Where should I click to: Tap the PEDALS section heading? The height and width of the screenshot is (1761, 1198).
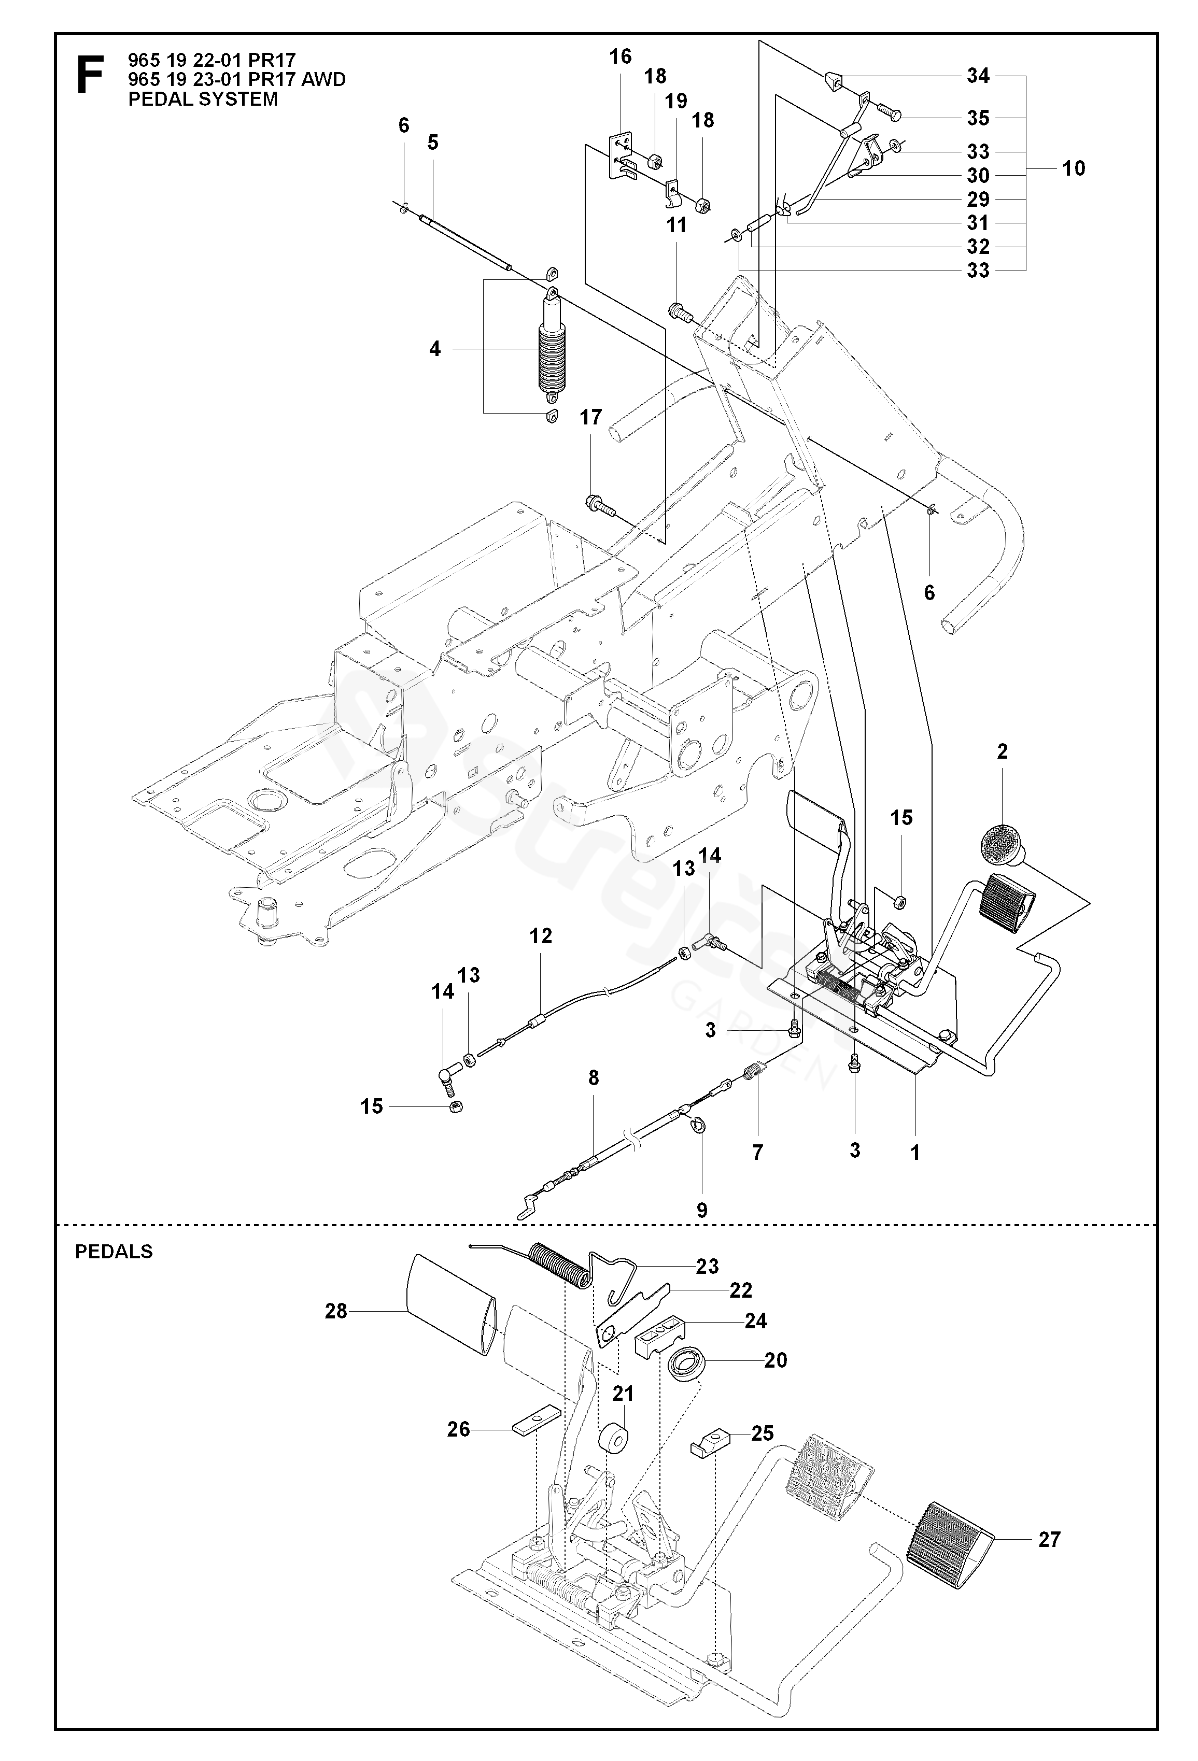click(114, 1252)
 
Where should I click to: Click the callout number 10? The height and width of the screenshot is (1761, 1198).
click(1074, 168)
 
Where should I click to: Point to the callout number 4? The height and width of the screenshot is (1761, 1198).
click(435, 349)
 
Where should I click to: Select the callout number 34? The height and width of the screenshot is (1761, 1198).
click(978, 76)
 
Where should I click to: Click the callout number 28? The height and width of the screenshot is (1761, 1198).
click(336, 1311)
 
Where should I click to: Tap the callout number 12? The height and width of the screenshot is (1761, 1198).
click(541, 936)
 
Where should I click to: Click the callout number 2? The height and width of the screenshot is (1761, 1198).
click(1003, 751)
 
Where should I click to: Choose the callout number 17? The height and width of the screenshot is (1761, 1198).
click(590, 418)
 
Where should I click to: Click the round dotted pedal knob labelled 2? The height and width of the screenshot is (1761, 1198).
click(1001, 843)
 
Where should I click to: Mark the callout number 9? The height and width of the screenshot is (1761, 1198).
click(702, 1211)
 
